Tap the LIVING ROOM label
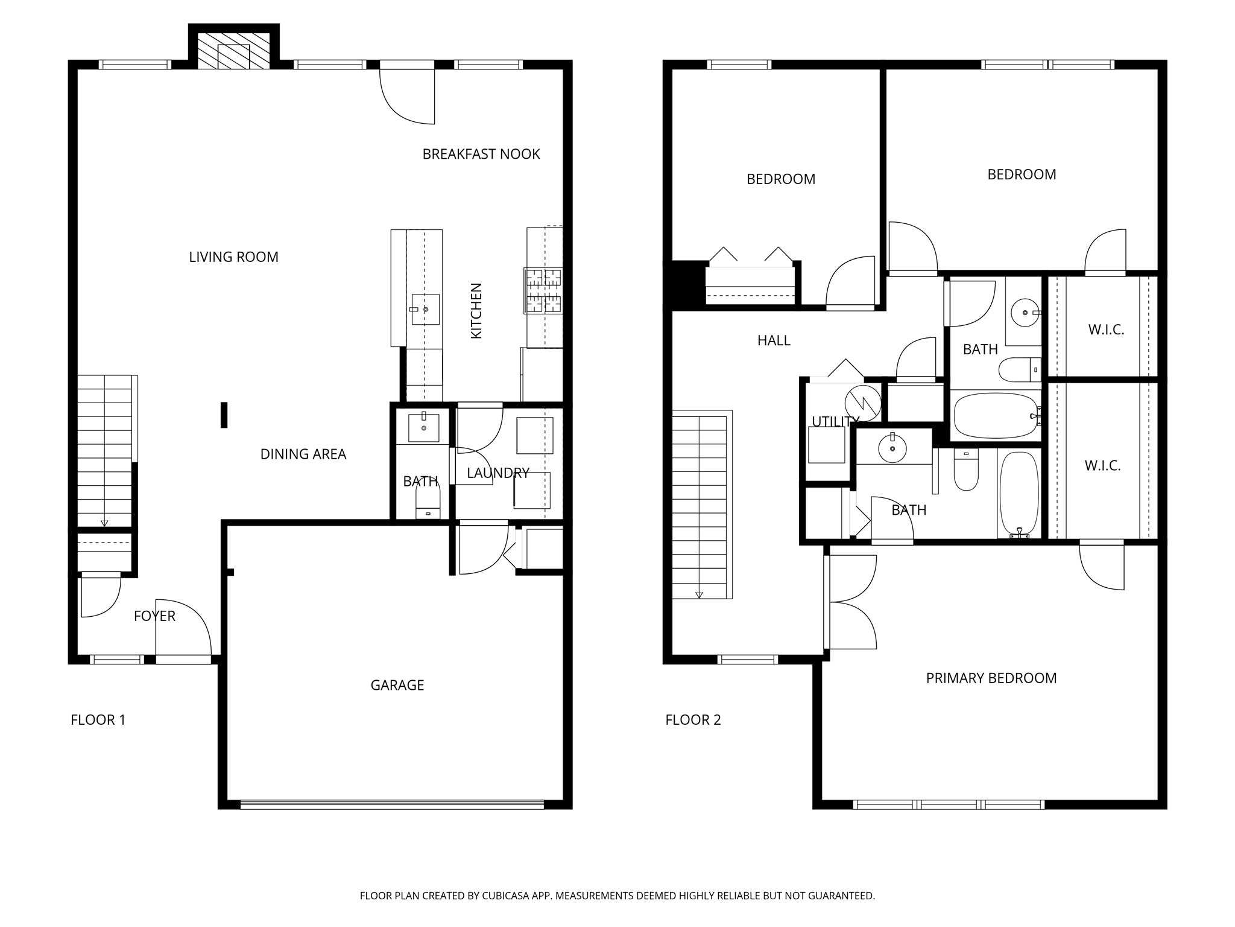coord(233,257)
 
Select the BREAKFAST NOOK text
coord(481,154)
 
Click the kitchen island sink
coord(425,310)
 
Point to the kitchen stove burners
coord(543,290)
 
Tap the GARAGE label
coord(397,685)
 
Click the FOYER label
coord(154,616)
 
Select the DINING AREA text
coord(303,454)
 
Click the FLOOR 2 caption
coord(693,720)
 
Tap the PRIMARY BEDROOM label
coord(991,678)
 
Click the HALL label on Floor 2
coord(774,341)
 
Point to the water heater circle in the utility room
coord(862,403)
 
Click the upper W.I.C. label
coord(1106,330)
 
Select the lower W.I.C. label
coord(1102,466)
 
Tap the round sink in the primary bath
coord(892,448)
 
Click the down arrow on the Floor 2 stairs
coord(699,594)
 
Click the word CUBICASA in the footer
coord(505,896)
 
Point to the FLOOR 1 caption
coord(98,720)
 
